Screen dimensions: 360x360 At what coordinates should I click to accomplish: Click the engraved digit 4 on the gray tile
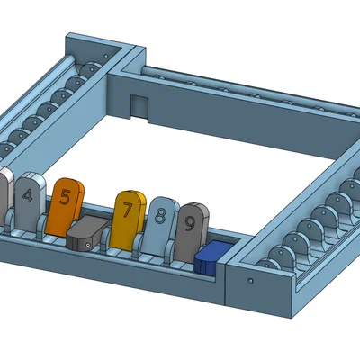(29, 195)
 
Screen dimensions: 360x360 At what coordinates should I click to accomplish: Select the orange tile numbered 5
(67, 202)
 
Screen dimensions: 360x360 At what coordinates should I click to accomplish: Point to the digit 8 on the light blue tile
(160, 217)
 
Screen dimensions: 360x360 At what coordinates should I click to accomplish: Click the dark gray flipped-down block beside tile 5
(86, 234)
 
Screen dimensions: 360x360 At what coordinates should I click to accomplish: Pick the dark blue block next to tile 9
(212, 257)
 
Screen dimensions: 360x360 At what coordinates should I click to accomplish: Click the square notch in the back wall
(138, 105)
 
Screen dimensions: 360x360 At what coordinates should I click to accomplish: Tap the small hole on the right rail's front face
(249, 280)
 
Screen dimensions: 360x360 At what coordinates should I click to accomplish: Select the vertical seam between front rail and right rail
(224, 279)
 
